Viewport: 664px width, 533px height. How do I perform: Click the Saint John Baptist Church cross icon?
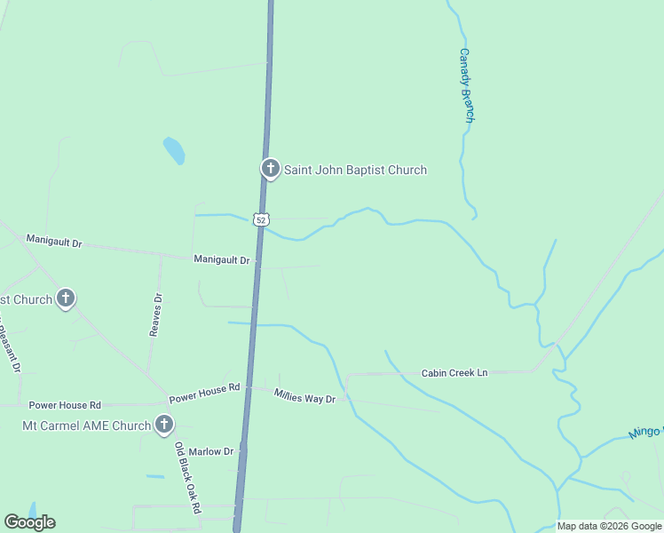pos(271,168)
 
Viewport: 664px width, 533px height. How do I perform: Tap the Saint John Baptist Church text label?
pos(355,170)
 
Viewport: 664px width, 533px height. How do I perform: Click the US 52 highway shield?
pos(259,219)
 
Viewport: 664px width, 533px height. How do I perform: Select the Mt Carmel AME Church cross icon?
pos(163,426)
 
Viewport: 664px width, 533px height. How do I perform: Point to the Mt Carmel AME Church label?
pos(86,426)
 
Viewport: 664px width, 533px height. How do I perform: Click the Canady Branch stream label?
pos(467,85)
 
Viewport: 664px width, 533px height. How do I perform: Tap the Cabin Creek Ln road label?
pos(455,373)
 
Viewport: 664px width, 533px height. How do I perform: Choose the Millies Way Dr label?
pos(304,396)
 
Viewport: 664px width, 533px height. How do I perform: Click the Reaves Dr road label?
pos(157,314)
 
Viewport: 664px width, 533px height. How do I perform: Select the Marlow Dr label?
pos(210,451)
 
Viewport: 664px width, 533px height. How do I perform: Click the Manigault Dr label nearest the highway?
pos(223,259)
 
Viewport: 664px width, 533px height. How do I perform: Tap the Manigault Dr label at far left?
pos(54,241)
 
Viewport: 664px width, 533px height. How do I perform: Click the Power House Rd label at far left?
pos(65,404)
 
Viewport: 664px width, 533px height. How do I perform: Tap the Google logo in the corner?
pos(29,522)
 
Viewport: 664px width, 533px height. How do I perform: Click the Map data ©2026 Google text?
pos(609,526)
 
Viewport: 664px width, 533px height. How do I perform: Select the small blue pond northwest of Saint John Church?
pos(174,151)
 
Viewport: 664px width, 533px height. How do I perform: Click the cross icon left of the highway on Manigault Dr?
pos(66,298)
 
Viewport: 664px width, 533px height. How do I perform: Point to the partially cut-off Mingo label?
pos(645,433)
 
